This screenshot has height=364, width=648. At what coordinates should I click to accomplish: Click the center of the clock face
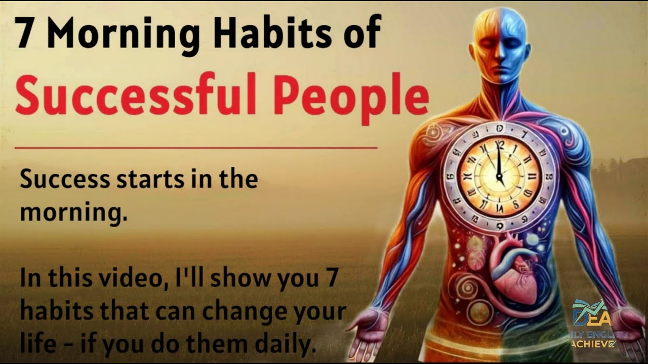(499, 177)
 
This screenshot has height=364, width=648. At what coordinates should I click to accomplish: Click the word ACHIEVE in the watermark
(593, 344)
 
